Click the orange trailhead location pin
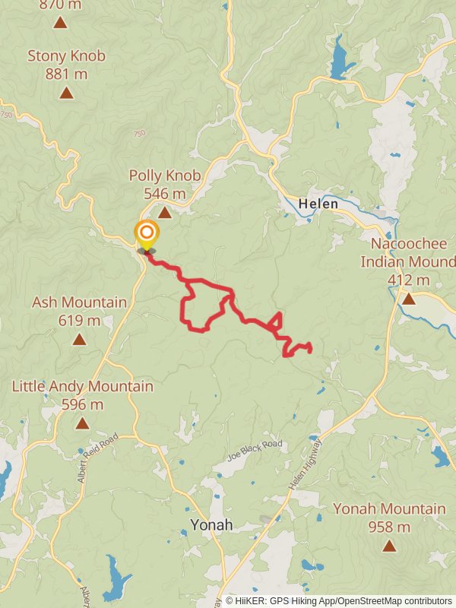147,233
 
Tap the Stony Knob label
66,55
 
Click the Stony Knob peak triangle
66,93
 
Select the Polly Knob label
165,176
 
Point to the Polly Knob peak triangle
165,212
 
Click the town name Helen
318,204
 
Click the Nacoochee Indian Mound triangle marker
409,299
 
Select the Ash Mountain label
79,302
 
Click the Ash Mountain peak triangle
79,339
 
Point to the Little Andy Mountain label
82,387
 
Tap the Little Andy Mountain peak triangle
82,423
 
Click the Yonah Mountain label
389,509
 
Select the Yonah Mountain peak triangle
389,546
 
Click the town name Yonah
211,525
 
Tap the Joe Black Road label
255,451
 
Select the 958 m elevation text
389,527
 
